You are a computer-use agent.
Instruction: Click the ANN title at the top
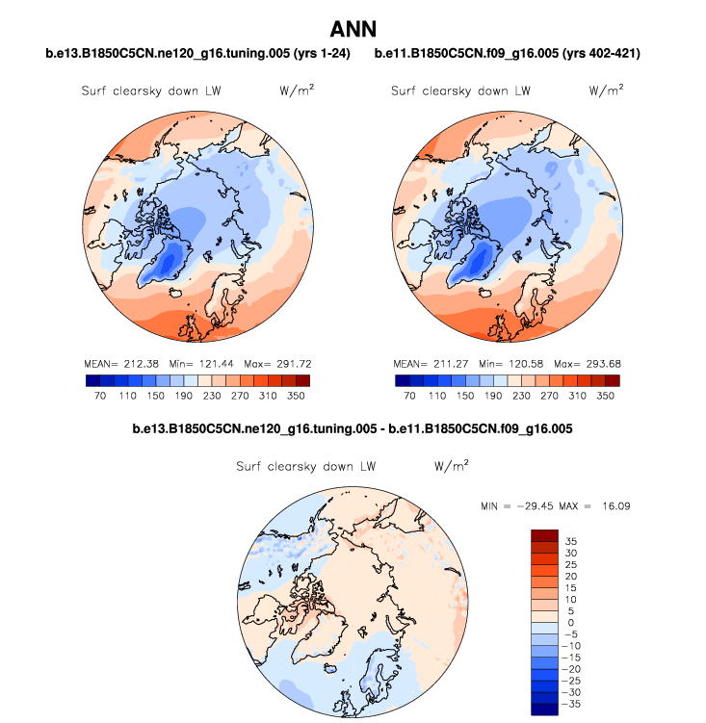point(353,30)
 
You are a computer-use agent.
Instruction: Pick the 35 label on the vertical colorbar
point(570,540)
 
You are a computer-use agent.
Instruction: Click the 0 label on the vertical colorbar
point(570,623)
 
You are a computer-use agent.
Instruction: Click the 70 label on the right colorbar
point(409,396)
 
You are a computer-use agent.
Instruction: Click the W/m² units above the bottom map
point(451,465)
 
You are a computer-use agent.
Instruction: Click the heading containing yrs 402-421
point(507,53)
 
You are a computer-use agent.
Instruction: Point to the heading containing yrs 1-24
point(197,53)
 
